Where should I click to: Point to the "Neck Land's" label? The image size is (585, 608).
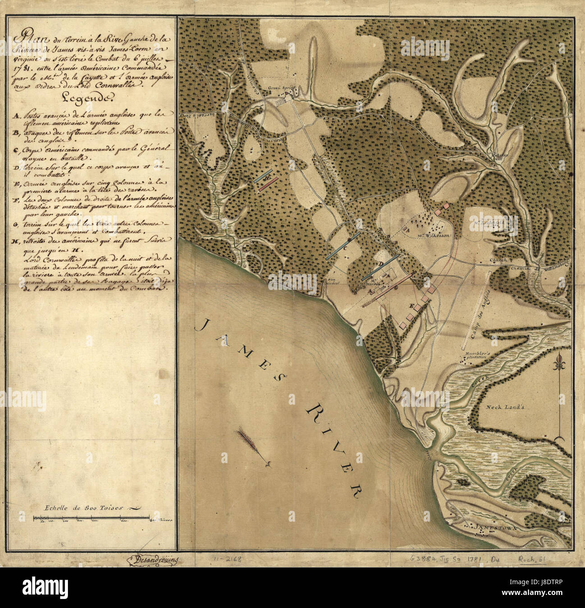click(x=502, y=406)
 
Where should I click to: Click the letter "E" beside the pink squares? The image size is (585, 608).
click(x=410, y=306)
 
